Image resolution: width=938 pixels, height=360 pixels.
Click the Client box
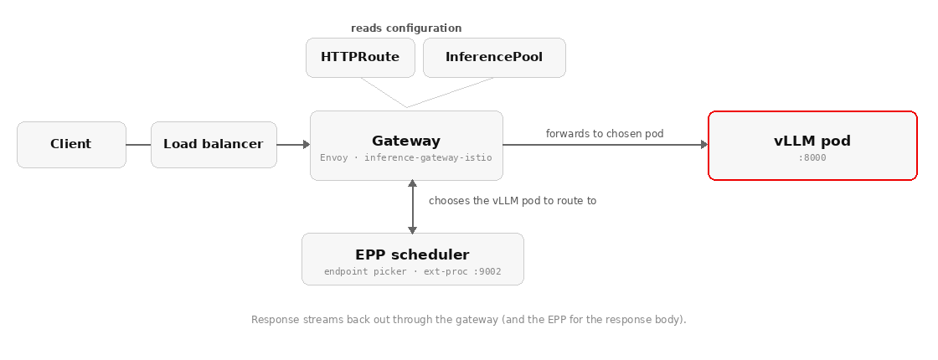[x=71, y=145]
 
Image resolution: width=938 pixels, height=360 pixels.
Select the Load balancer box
[x=214, y=145]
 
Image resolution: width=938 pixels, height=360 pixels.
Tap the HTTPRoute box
[x=360, y=58]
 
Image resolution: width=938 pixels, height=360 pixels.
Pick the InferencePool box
[x=494, y=58]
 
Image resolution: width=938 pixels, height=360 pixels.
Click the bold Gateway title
[x=406, y=141]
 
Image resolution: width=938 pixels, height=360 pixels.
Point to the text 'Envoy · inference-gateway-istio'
[x=406, y=158]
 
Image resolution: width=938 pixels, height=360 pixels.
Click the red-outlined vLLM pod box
[x=812, y=146]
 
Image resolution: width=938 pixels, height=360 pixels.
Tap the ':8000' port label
[x=812, y=158]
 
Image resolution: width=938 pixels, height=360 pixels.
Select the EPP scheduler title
[x=412, y=255]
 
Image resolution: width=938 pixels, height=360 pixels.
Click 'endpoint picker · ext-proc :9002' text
[x=412, y=271]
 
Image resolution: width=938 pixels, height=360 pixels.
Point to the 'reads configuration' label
[x=406, y=28]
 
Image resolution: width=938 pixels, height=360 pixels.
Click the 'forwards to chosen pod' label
[x=605, y=133]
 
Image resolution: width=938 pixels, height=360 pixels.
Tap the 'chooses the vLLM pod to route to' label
[x=513, y=201]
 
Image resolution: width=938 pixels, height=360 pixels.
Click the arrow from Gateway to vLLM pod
[x=606, y=145]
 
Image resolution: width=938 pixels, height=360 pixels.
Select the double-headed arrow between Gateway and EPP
[x=412, y=206]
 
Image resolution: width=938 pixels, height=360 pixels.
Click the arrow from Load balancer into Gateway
[x=293, y=145]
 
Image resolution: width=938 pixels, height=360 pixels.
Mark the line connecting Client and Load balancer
[x=138, y=145]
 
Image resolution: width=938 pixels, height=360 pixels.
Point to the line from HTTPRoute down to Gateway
[x=384, y=93]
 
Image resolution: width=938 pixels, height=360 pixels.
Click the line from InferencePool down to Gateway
[x=451, y=93]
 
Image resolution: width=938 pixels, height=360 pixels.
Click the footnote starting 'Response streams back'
[x=469, y=320]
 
